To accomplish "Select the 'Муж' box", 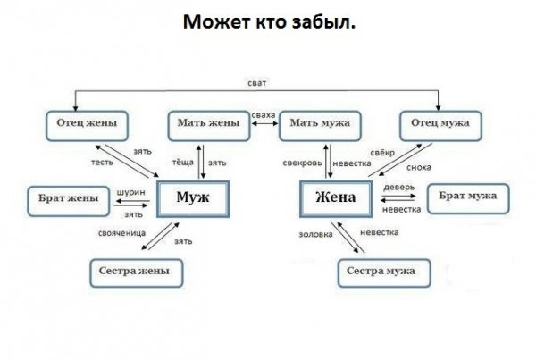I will click(194, 197).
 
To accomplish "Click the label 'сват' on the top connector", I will click(257, 82).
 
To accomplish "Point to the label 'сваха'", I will click(264, 116).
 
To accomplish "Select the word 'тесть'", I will click(101, 163).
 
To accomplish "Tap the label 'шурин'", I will click(132, 190).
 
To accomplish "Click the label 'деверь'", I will click(398, 187).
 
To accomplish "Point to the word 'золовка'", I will click(315, 233).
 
